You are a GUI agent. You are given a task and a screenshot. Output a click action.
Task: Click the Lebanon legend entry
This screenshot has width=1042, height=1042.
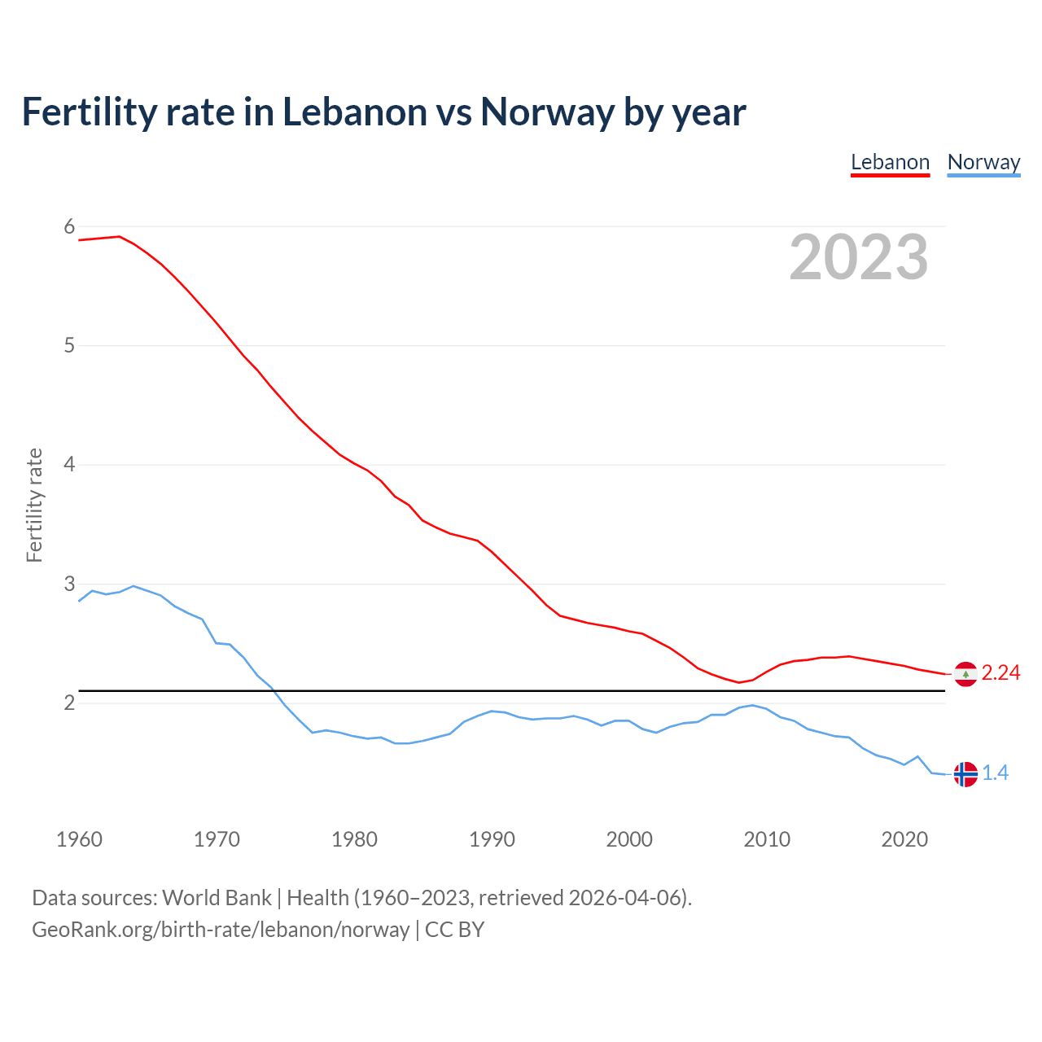pyautogui.click(x=890, y=162)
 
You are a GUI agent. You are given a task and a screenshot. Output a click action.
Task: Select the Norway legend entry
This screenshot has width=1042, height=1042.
pyautogui.click(x=983, y=162)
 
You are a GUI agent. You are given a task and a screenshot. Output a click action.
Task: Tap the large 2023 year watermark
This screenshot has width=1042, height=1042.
pyautogui.click(x=859, y=257)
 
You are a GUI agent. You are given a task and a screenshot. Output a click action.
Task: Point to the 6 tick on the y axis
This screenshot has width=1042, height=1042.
pyautogui.click(x=69, y=226)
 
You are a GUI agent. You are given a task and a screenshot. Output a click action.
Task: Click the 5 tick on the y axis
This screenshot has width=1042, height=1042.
pyautogui.click(x=69, y=345)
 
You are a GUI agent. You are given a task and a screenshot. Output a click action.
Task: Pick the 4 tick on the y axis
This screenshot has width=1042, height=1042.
pyautogui.click(x=69, y=465)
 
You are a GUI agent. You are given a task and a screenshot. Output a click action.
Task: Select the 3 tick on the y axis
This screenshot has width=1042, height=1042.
pyautogui.click(x=69, y=584)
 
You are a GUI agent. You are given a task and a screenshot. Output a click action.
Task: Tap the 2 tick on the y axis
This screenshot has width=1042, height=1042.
pyautogui.click(x=69, y=703)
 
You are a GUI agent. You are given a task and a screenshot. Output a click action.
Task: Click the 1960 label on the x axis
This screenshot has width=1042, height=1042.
pyautogui.click(x=79, y=839)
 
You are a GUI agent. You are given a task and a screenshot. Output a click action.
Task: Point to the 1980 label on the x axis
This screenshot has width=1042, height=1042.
pyautogui.click(x=354, y=839)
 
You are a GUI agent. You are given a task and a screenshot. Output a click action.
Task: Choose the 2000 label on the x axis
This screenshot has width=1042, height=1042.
pyautogui.click(x=629, y=839)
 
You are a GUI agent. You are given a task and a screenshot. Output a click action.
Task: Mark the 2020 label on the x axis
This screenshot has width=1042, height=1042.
pyautogui.click(x=904, y=839)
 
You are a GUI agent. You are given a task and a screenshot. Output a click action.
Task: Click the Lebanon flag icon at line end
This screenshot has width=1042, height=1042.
pyautogui.click(x=965, y=674)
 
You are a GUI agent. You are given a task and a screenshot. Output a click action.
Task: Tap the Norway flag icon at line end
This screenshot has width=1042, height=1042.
pyautogui.click(x=965, y=774)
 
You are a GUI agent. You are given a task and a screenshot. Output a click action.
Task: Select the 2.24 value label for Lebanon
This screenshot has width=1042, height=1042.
pyautogui.click(x=1000, y=672)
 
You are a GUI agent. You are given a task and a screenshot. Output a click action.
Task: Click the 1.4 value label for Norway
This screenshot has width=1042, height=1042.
pyautogui.click(x=995, y=773)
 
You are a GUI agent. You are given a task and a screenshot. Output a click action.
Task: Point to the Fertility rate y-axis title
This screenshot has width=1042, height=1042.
pyautogui.click(x=34, y=505)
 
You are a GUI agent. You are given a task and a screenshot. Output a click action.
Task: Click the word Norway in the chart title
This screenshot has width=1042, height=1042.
pyautogui.click(x=547, y=112)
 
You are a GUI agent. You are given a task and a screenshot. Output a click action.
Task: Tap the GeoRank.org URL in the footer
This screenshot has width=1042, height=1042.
pyautogui.click(x=221, y=930)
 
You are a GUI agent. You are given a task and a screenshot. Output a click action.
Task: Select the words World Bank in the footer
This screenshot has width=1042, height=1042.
pyautogui.click(x=217, y=897)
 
